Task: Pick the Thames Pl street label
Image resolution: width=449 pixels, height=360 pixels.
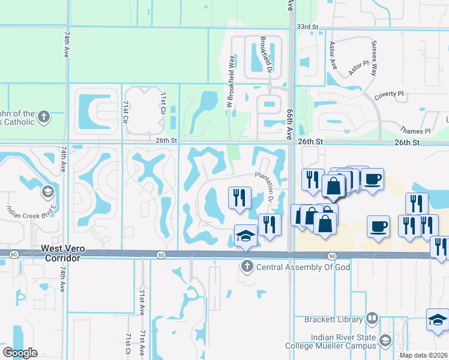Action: click(x=415, y=131)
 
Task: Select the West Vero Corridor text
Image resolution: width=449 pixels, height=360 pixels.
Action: click(x=61, y=253)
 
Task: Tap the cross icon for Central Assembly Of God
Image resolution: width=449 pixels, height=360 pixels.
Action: click(x=247, y=266)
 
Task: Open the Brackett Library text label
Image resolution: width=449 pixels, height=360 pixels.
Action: click(x=334, y=319)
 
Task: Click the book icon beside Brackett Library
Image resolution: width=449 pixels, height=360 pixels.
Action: click(x=372, y=318)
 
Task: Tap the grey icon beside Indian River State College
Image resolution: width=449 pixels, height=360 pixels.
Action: click(x=384, y=341)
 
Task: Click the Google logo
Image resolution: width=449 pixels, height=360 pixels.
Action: click(x=20, y=353)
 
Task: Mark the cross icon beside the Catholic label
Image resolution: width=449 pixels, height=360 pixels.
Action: click(x=44, y=117)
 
